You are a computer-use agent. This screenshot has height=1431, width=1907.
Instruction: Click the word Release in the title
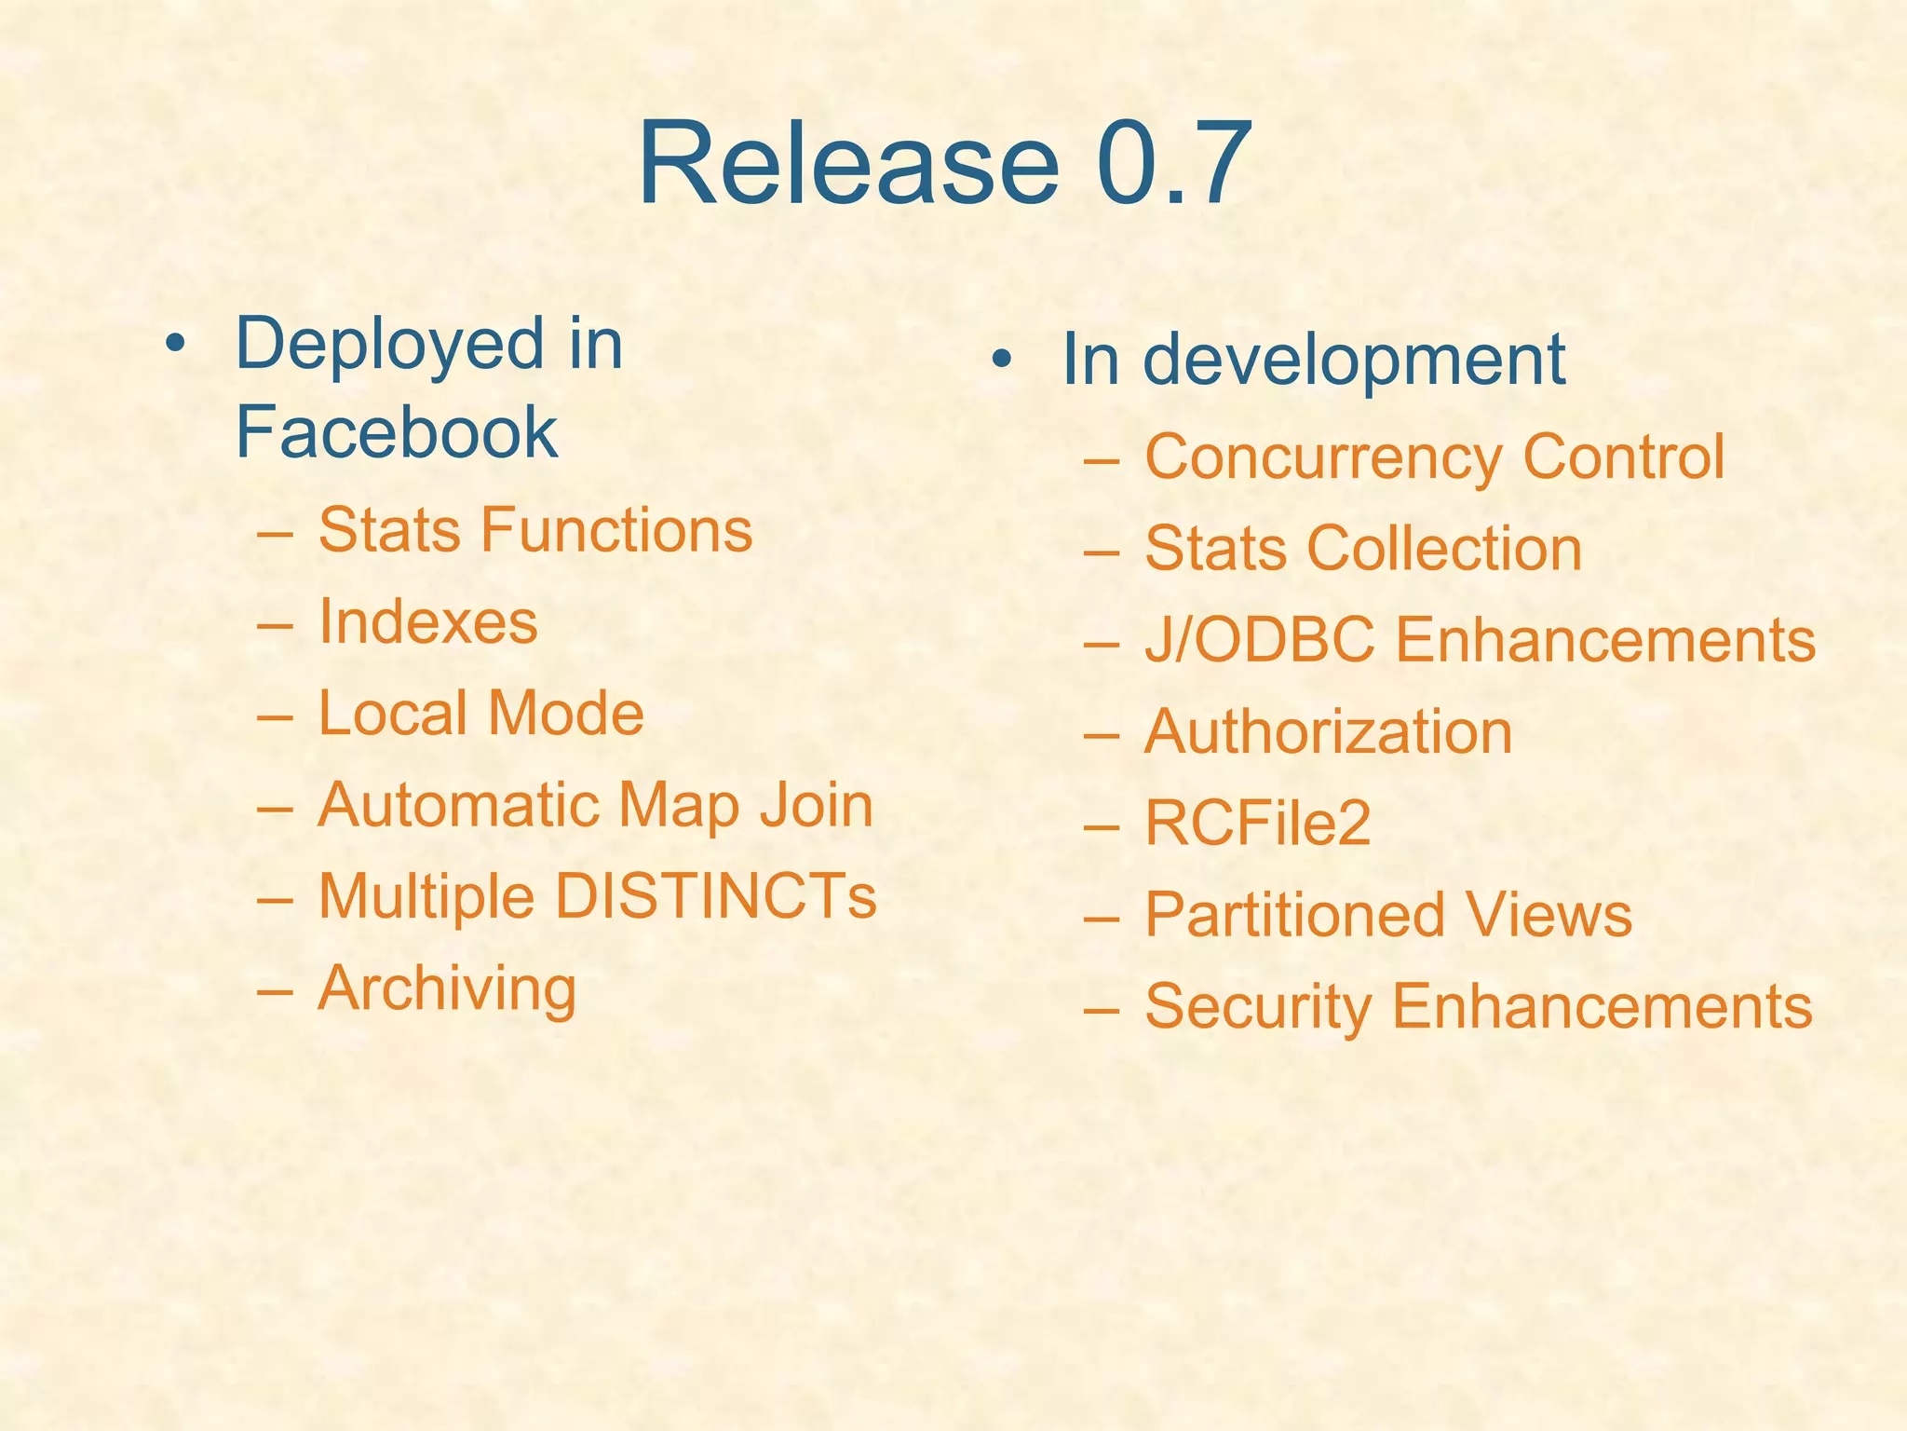point(848,164)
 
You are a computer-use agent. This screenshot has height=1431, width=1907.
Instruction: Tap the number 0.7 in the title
point(1175,164)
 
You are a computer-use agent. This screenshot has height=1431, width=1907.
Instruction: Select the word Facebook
point(396,432)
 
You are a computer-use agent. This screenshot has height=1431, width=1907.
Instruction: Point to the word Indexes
point(427,621)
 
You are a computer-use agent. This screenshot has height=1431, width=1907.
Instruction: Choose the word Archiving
point(447,989)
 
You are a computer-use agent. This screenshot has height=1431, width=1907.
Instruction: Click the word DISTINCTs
point(715,896)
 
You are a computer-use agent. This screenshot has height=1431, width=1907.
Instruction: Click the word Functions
point(615,530)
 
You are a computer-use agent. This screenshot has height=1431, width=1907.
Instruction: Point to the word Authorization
point(1328,731)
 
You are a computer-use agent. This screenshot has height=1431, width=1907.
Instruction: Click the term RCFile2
point(1257,824)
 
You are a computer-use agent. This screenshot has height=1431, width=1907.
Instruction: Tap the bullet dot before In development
point(1001,360)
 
